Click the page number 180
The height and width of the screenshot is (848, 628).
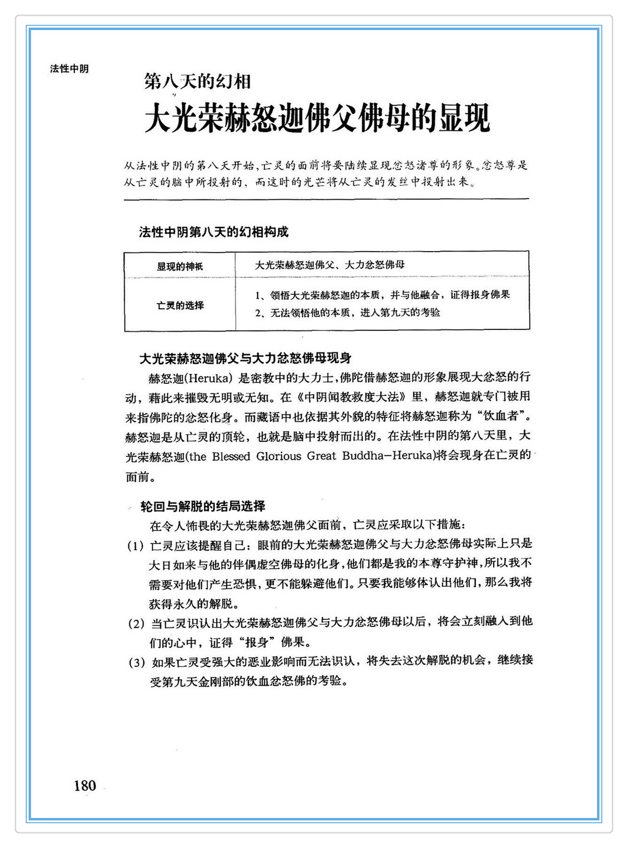(85, 786)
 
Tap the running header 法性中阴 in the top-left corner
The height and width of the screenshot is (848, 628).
(69, 69)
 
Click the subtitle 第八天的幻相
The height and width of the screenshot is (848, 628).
(197, 81)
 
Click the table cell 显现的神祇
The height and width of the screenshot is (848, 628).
(180, 266)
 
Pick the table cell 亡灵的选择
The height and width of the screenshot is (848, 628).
(180, 306)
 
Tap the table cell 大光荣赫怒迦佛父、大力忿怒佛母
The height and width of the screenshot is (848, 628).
(330, 265)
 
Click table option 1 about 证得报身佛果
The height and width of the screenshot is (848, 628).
(383, 295)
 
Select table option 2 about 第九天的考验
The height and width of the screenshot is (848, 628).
(348, 313)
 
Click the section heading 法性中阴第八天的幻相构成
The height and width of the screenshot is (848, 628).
(214, 232)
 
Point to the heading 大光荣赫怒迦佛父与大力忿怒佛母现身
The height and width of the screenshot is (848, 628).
(245, 358)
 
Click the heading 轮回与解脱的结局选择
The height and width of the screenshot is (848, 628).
(203, 506)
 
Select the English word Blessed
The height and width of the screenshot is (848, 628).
(230, 456)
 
